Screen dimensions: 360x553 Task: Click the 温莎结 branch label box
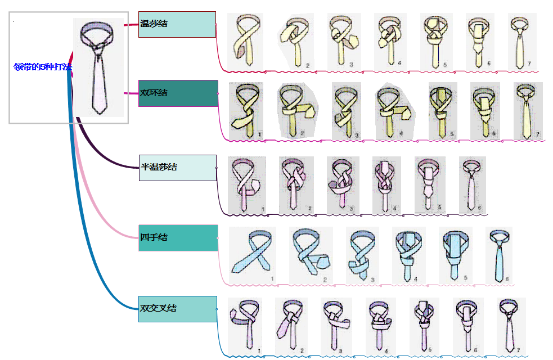coord(177,24)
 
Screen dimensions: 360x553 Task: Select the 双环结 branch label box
coord(178,93)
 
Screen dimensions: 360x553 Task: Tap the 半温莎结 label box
coord(178,168)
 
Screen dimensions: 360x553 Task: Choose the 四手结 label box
coord(178,237)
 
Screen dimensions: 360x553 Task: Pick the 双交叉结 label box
coord(178,309)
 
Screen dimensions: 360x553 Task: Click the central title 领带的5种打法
coord(43,66)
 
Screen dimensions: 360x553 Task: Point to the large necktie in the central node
coord(98,67)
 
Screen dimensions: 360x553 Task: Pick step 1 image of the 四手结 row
coord(252,255)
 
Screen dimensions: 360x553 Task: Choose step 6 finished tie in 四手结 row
coord(498,255)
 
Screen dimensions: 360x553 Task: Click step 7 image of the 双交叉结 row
coord(511,325)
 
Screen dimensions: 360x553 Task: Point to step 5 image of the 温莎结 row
coord(437,41)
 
